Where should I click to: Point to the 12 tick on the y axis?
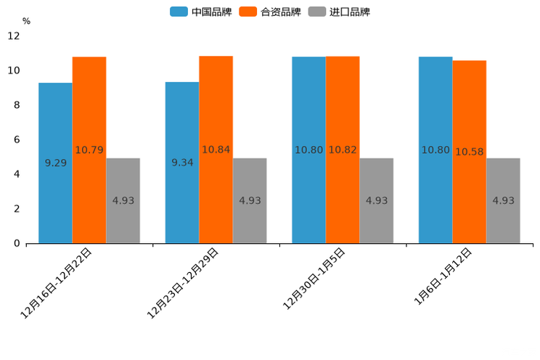point(14,36)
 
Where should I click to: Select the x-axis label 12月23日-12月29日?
point(184,283)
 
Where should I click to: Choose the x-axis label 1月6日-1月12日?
point(443,277)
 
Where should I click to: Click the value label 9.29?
point(56,163)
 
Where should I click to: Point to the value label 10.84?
point(216,150)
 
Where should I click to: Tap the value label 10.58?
point(470,152)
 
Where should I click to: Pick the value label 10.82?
point(343,150)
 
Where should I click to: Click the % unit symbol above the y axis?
point(26,21)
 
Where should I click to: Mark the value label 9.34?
point(182,163)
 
